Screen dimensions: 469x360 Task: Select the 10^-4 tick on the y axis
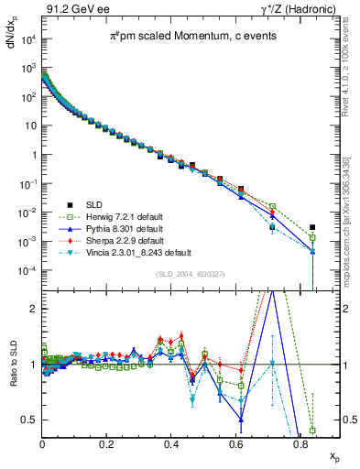[x=27, y=271]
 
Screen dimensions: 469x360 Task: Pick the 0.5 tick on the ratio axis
[x=29, y=420]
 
